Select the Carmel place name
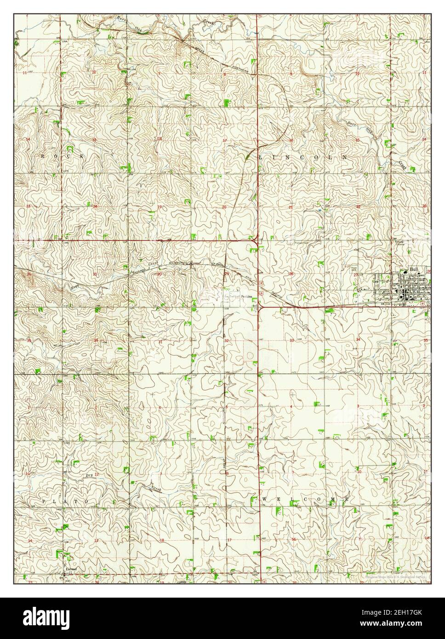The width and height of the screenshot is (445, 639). point(70,569)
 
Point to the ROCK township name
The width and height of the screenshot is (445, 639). point(63,157)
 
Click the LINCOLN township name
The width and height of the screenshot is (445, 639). point(303,157)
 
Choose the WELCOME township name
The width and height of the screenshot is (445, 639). point(305,499)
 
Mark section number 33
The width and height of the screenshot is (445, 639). point(292,341)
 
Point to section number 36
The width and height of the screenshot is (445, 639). point(96,340)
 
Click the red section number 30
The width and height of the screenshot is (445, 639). point(160,274)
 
